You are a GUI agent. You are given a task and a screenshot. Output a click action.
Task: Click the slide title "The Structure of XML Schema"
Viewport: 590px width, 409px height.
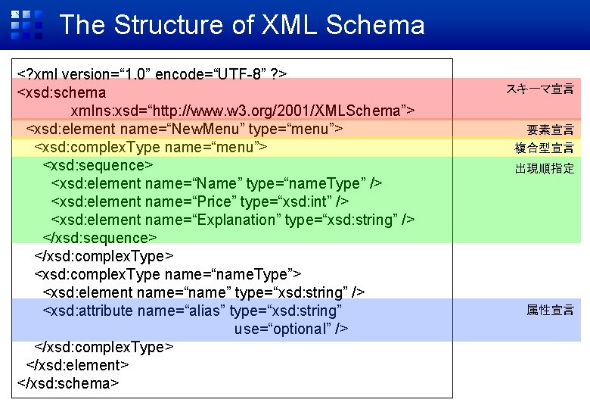pos(241,25)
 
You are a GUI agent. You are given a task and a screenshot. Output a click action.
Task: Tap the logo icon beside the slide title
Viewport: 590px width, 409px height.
pos(26,25)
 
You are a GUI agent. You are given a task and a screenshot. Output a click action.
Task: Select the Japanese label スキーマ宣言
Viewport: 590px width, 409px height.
pos(539,89)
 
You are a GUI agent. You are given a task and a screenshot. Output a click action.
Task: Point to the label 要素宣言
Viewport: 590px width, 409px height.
pos(550,130)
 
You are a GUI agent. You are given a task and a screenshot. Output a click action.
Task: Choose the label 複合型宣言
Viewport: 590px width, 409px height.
pos(544,148)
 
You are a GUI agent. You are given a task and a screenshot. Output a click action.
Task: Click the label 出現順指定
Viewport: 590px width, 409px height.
pos(544,168)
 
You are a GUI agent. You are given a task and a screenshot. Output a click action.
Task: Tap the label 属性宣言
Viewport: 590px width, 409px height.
pos(550,310)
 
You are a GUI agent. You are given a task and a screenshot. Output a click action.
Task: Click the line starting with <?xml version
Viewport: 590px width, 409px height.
pos(151,74)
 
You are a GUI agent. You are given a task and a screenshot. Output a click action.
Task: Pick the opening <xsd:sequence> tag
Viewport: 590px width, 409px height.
pos(98,165)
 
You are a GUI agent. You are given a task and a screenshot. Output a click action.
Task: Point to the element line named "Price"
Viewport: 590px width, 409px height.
pos(200,201)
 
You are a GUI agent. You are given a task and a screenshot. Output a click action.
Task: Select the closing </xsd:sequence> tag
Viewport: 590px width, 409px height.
pos(100,238)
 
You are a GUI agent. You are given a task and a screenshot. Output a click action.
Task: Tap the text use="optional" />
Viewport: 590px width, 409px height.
pos(291,329)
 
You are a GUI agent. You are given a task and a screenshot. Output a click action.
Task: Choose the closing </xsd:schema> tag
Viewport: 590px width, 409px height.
pos(68,383)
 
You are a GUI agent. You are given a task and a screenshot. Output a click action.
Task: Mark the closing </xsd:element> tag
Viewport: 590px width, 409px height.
pos(77,365)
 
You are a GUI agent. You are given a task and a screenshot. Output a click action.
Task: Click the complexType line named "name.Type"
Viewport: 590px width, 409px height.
pos(168,274)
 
